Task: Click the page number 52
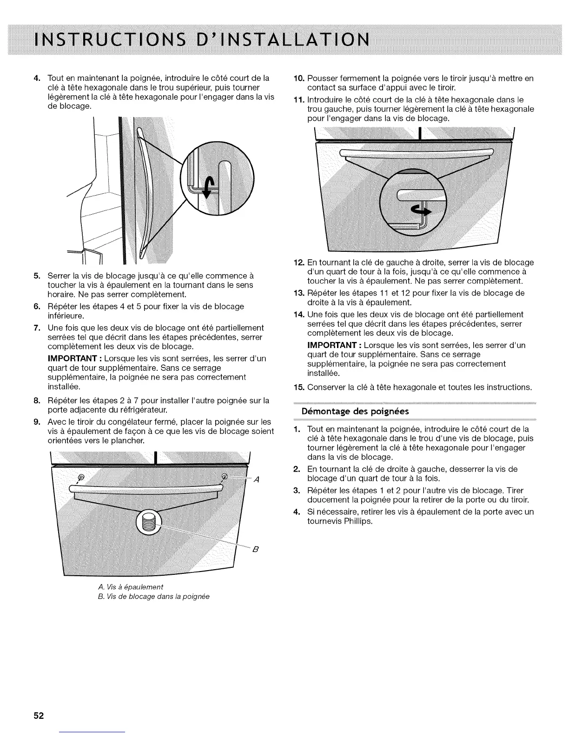[38, 716]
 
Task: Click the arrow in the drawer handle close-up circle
[422, 211]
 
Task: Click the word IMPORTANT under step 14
[333, 345]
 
